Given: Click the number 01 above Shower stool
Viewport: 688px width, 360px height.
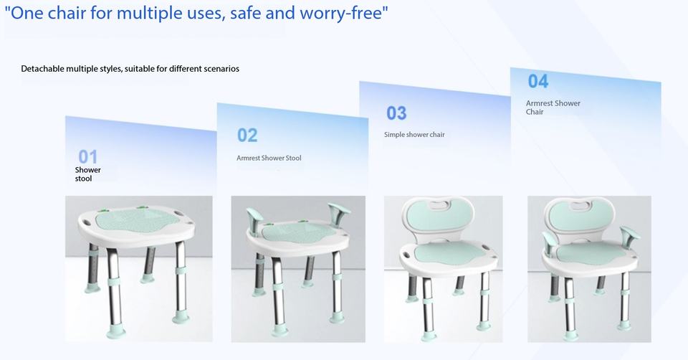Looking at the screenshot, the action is tap(87, 157).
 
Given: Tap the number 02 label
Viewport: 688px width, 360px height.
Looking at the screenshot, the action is tap(247, 136).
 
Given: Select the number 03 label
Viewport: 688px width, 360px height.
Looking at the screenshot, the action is tap(396, 113).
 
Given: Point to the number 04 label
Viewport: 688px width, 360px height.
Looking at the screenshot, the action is tap(538, 81).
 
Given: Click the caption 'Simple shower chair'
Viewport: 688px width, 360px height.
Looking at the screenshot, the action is tap(414, 134).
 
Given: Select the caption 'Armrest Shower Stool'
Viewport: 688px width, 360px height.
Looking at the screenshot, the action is tap(269, 158).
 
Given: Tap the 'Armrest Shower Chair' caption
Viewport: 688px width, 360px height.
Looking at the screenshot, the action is tap(553, 108).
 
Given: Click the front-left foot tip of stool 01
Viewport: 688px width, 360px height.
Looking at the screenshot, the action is tap(116, 331).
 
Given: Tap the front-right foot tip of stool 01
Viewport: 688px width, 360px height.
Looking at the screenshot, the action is tap(181, 317).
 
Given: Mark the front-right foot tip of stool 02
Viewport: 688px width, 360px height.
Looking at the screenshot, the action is tap(337, 318).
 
